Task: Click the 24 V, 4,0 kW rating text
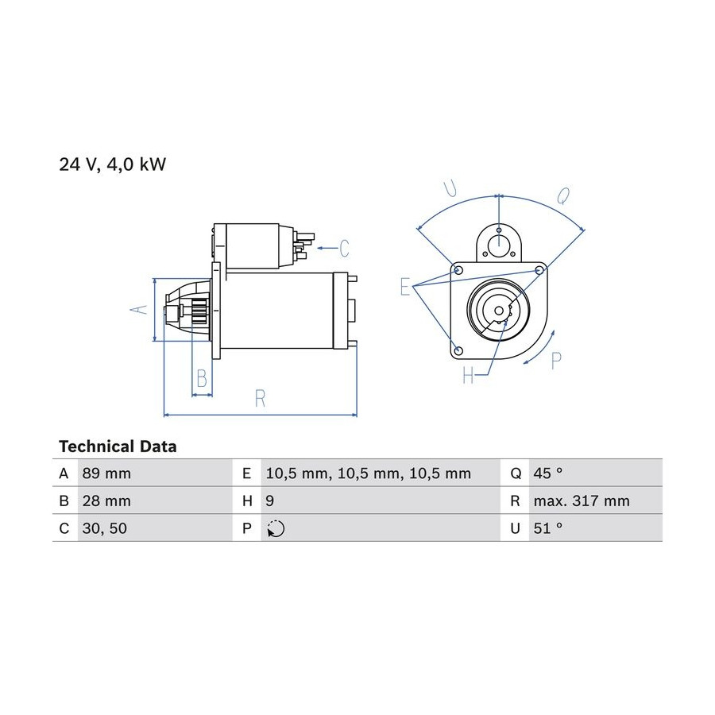click(112, 164)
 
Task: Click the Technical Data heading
click(118, 446)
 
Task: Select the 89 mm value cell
click(106, 473)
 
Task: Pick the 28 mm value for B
click(106, 500)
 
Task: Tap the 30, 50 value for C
click(104, 528)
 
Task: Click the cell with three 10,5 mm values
click(369, 473)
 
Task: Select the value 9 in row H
click(270, 500)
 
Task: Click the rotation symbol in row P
click(276, 528)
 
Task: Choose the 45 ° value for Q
click(548, 473)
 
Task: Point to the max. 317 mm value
click(582, 500)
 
